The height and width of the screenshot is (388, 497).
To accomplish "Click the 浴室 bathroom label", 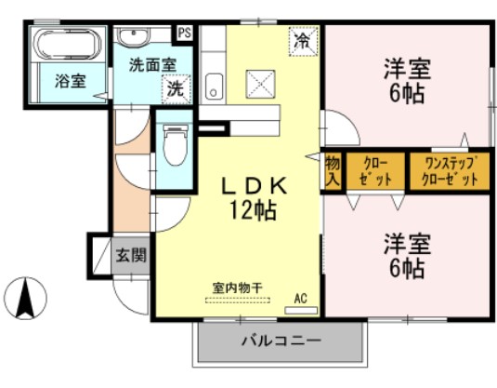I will (x=70, y=80).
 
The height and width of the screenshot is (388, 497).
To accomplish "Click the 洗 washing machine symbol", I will (x=174, y=90).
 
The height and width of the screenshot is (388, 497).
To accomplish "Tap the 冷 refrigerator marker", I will (x=302, y=42).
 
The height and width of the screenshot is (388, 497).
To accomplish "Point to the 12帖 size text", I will (x=253, y=210).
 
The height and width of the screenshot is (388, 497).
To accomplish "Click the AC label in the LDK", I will (x=300, y=298).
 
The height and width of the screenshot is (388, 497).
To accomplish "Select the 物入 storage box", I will (x=333, y=171).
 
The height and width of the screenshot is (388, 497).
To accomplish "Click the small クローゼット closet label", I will (x=376, y=171).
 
